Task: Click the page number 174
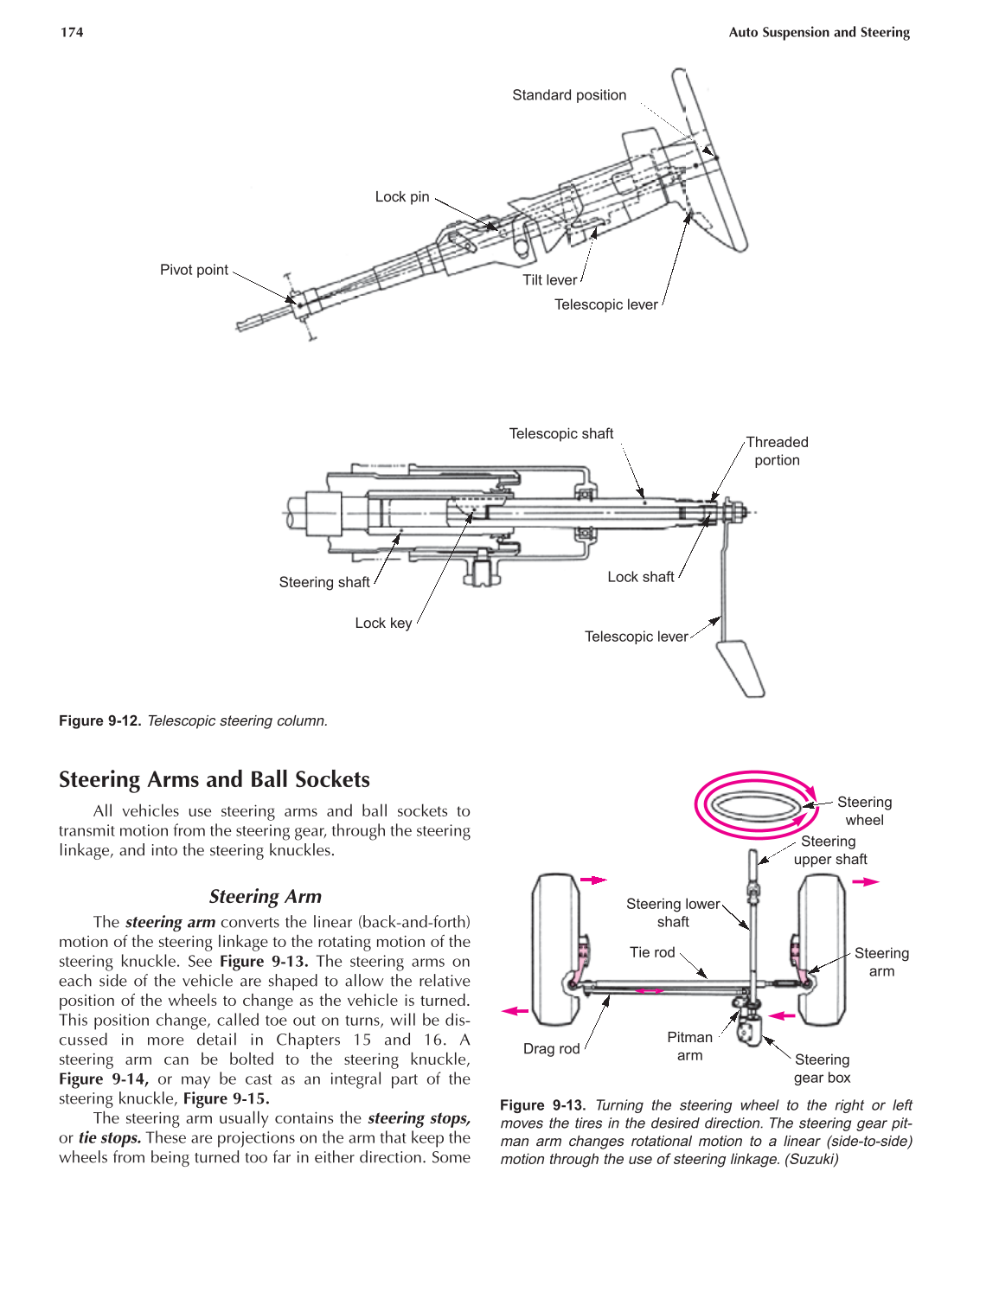pos(72,33)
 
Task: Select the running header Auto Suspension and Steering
pos(818,33)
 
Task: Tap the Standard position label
pos(568,95)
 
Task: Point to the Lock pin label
pos(401,197)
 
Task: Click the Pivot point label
pos(194,270)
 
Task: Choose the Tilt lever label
pos(549,280)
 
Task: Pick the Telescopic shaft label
pos(560,433)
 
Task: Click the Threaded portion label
pos(777,451)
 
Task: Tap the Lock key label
pos(383,623)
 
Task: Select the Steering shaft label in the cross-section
pos(323,582)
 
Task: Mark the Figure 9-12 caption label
pos(99,720)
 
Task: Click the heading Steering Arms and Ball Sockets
pos(214,779)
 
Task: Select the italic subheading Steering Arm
pos(265,896)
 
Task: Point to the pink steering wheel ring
pos(756,805)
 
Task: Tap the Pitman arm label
pos(689,1046)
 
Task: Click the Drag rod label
pos(551,1048)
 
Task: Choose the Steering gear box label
pos(822,1068)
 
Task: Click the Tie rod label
pos(651,952)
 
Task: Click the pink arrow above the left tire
pos(592,880)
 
